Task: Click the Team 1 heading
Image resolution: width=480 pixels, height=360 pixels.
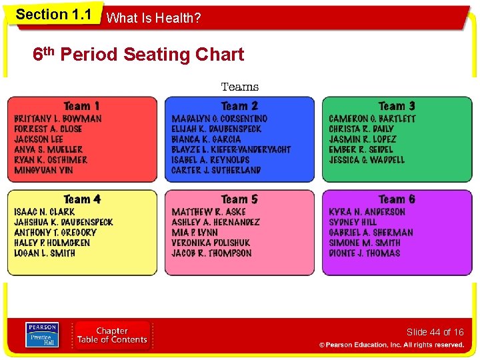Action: tap(82, 106)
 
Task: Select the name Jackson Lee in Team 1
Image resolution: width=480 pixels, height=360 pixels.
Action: tap(39, 139)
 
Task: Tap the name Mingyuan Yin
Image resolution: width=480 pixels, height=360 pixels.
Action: tap(44, 171)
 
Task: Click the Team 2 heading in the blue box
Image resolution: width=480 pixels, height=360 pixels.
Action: tap(239, 106)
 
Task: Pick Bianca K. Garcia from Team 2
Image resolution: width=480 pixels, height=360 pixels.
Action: tap(206, 139)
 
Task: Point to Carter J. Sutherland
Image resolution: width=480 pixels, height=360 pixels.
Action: tap(216, 171)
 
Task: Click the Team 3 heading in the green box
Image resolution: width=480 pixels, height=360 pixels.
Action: tap(397, 106)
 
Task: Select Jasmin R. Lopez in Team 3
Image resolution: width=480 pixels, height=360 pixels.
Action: tap(362, 139)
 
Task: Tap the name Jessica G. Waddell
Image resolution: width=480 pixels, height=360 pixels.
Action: tap(367, 160)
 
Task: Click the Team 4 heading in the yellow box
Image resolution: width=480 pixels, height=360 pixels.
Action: tap(82, 199)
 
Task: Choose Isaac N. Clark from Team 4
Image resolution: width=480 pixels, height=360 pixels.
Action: tap(44, 212)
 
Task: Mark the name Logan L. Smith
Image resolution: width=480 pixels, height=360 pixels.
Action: tap(45, 253)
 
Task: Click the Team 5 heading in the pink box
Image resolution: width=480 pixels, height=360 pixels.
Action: tap(239, 199)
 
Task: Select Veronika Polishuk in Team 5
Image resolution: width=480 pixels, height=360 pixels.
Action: tap(211, 243)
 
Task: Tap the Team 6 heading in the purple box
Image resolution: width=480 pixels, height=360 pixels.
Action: tap(397, 199)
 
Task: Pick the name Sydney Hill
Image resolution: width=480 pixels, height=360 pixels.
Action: tap(353, 222)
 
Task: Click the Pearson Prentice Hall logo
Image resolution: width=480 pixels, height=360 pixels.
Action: tap(42, 335)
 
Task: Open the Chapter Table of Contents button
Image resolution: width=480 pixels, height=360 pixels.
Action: tap(112, 335)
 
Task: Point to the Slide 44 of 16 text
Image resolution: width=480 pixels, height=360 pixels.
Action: tap(435, 332)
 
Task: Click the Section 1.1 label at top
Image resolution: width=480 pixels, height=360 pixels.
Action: tap(53, 15)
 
